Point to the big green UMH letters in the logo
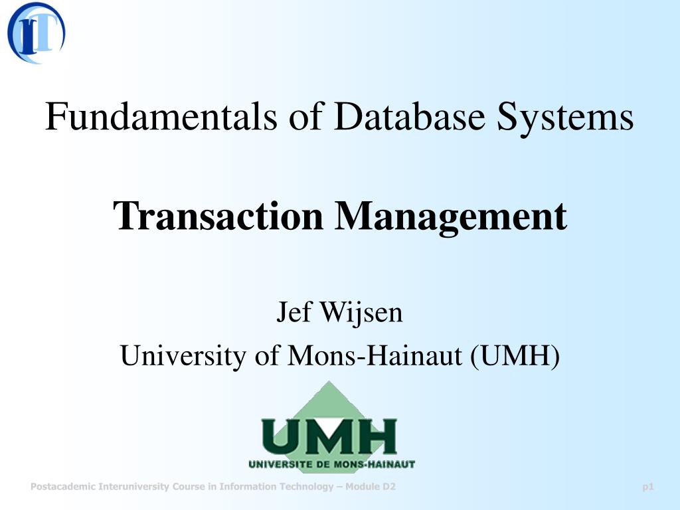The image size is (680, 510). (x=329, y=436)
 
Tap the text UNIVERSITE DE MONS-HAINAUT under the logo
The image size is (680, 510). (x=331, y=464)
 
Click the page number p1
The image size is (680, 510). (x=648, y=487)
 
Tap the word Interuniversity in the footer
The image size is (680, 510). (x=133, y=487)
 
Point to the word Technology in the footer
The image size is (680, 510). (x=305, y=487)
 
